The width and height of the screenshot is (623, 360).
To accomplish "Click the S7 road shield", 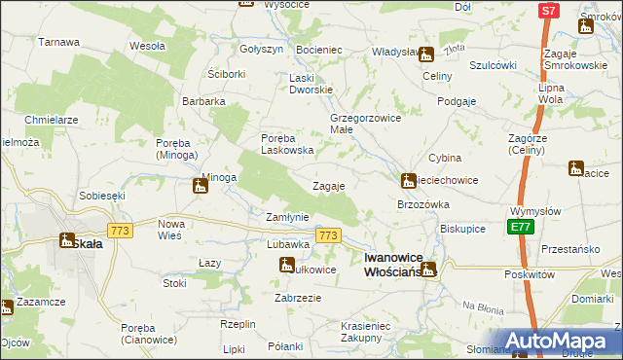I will (549, 11).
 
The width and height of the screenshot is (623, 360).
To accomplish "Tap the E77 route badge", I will (520, 227).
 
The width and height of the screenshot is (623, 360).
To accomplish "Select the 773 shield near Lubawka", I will (328, 236).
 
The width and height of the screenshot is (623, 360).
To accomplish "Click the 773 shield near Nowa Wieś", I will (121, 230).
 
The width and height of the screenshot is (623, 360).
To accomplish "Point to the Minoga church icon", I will (201, 185).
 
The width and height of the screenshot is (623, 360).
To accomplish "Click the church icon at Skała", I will (67, 240).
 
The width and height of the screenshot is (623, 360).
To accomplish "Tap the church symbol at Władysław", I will (425, 54).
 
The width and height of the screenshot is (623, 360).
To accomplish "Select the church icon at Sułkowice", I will (287, 264).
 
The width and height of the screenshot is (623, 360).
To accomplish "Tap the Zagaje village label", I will (328, 186).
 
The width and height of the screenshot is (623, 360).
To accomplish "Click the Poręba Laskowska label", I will (287, 143).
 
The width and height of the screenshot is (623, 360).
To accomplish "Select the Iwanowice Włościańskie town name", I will (393, 264).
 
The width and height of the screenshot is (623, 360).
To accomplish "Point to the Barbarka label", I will (204, 100).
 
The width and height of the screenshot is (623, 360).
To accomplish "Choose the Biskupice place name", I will (462, 230).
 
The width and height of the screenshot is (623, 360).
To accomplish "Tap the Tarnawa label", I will (58, 43).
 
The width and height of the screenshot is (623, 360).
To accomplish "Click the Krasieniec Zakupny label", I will (366, 332).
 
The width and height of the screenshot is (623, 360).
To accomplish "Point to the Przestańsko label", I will (570, 248).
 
